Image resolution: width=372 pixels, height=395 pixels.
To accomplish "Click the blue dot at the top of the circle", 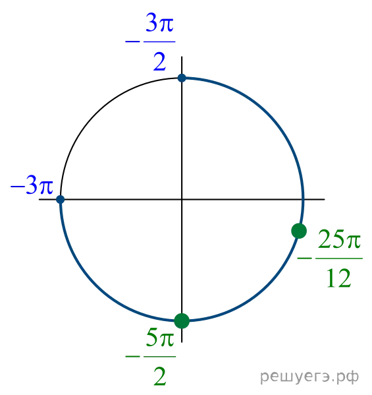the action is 182,78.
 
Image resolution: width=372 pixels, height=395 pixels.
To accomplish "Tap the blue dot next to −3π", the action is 61,199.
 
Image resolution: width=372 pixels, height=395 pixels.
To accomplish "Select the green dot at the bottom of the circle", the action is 182,321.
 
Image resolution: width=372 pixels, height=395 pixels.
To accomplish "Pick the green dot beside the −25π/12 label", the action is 299,231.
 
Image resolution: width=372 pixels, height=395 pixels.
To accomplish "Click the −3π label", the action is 32,186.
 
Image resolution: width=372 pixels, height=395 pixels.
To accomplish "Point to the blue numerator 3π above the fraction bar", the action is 159,22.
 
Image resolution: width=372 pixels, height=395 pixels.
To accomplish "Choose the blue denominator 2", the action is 159,61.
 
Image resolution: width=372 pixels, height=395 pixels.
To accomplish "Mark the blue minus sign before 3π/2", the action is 132,42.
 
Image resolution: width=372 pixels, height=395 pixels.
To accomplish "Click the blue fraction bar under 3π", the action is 159,42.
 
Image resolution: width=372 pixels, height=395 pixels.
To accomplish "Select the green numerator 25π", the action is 339,239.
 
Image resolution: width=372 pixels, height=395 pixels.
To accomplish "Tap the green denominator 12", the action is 339,278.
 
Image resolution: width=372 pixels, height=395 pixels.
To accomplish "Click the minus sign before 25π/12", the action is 304,258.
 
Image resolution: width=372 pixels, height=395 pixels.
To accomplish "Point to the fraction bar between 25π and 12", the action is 339,258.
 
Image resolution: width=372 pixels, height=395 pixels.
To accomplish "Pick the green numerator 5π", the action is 160,338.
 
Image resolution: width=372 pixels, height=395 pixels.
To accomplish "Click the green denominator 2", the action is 160,376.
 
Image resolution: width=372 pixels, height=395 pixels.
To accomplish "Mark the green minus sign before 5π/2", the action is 132,357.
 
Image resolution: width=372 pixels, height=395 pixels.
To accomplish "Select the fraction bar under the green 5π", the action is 160,357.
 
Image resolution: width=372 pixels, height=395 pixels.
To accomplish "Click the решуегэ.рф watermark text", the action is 309,377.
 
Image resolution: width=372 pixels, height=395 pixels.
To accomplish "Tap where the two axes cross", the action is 182,199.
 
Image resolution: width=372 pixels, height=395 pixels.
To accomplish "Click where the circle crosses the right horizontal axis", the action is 303,199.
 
